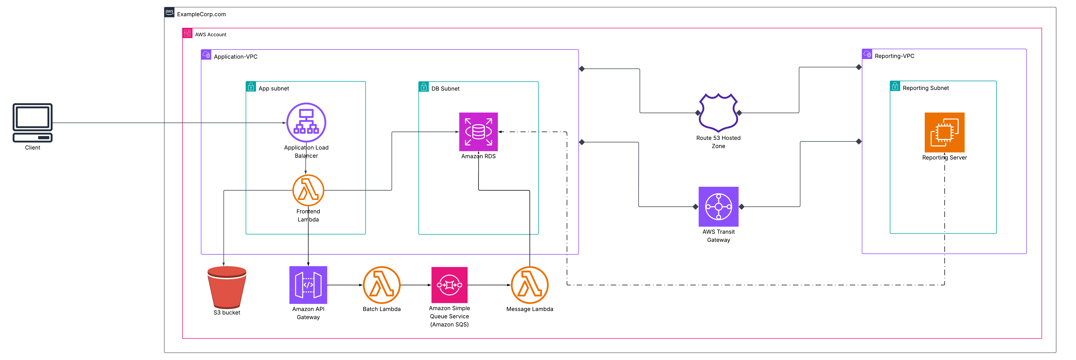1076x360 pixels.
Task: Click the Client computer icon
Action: (32, 122)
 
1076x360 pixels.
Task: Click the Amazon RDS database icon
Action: (478, 132)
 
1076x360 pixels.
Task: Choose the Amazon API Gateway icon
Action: (308, 285)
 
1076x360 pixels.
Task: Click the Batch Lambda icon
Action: (381, 285)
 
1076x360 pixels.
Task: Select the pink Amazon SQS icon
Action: (450, 285)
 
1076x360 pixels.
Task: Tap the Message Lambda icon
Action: (530, 285)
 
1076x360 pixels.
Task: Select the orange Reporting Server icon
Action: (944, 132)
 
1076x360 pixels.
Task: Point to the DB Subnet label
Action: (445, 89)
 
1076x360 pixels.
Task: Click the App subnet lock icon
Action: (251, 86)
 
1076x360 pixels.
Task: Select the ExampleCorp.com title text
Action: (201, 14)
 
